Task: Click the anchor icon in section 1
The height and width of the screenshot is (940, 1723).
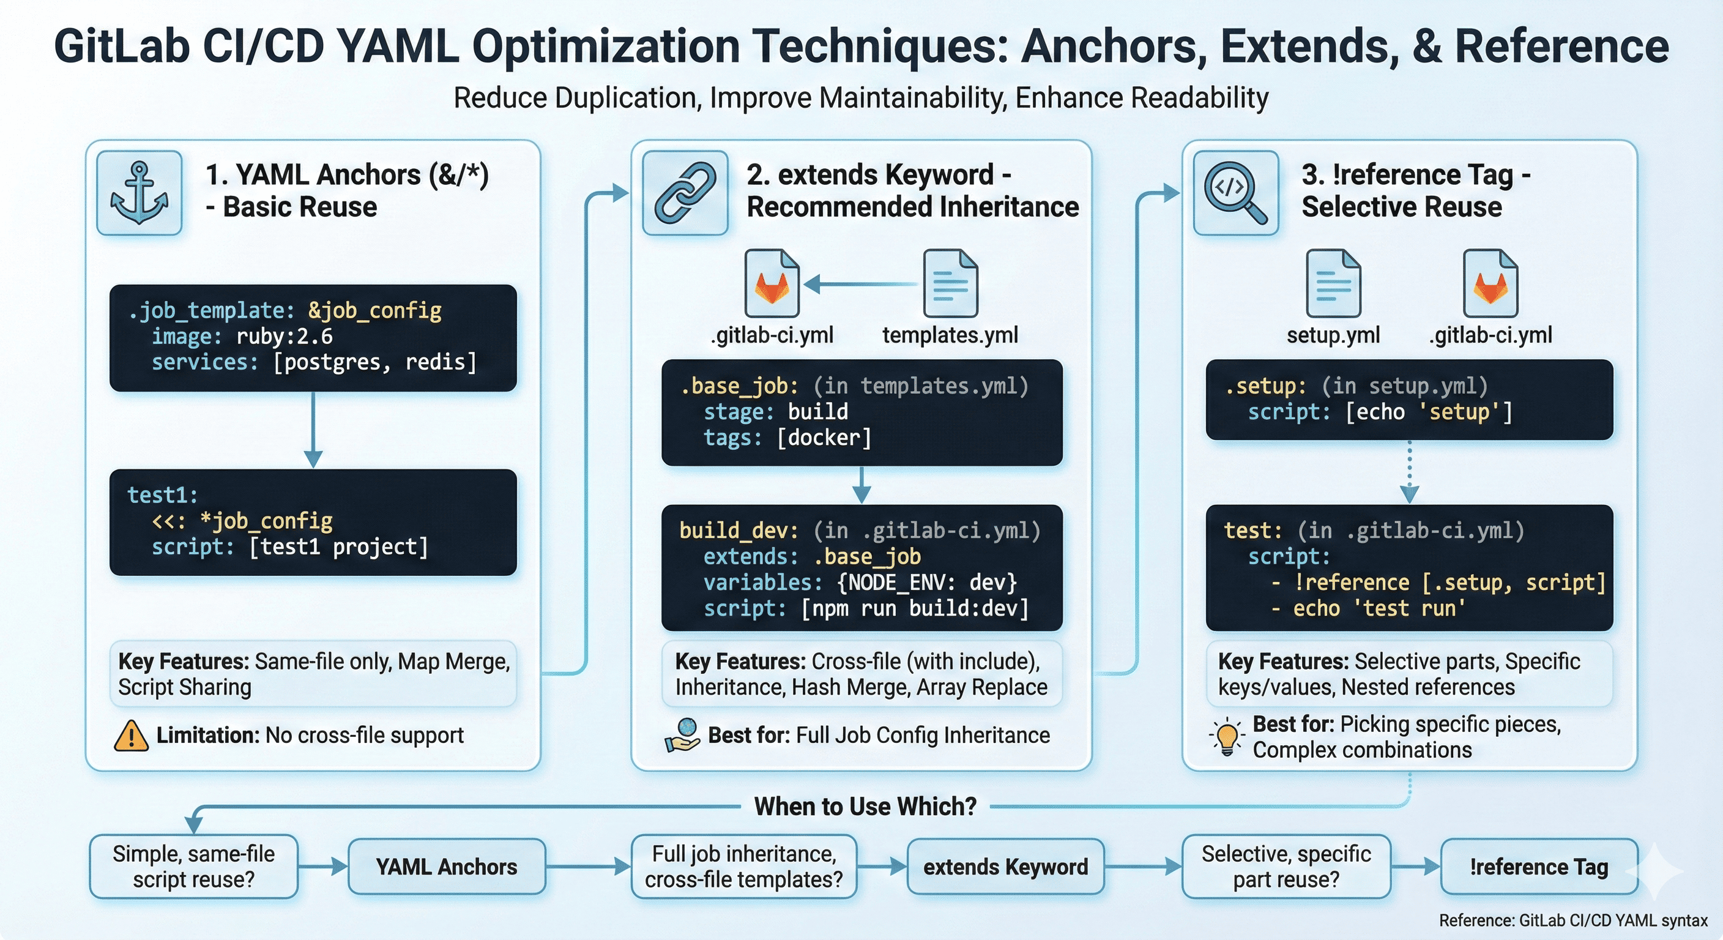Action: point(139,193)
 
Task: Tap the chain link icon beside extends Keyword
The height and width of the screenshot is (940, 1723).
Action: point(685,193)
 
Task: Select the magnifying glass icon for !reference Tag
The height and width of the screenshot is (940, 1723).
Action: point(1235,193)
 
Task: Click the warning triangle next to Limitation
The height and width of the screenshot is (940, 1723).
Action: point(131,736)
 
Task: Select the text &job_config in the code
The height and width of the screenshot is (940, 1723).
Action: point(374,310)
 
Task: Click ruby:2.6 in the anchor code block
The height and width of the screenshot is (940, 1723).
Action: point(285,337)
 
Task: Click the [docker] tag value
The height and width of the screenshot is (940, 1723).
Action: point(824,438)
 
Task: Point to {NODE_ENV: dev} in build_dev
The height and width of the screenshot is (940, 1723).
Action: point(926,582)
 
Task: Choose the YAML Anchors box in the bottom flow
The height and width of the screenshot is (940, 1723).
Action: point(447,867)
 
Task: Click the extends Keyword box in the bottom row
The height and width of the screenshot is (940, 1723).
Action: point(1005,867)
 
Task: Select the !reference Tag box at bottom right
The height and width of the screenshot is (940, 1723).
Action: point(1538,867)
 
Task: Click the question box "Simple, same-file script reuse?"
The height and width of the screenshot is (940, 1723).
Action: point(193,867)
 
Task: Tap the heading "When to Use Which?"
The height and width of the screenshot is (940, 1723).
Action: point(865,807)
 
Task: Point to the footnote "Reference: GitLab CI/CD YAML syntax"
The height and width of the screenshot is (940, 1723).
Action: point(1573,920)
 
